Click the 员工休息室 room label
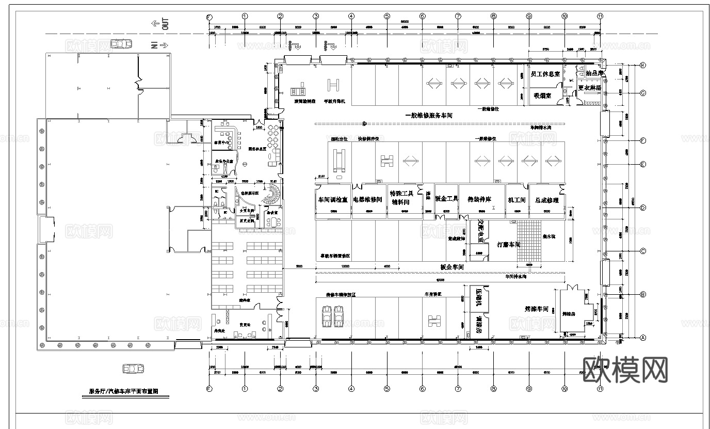click(x=545, y=74)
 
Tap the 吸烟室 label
click(x=542, y=96)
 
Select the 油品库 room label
click(x=594, y=74)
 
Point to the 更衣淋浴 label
click(x=589, y=88)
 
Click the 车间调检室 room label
click(x=332, y=200)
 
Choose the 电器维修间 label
click(x=367, y=200)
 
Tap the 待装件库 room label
click(x=479, y=200)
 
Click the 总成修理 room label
click(x=547, y=200)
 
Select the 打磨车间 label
click(x=508, y=244)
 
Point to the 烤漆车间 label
click(x=536, y=309)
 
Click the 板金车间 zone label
click(x=453, y=267)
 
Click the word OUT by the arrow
click(x=166, y=24)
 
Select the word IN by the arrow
click(x=154, y=45)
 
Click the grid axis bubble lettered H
click(x=643, y=66)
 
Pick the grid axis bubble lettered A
click(x=643, y=338)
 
